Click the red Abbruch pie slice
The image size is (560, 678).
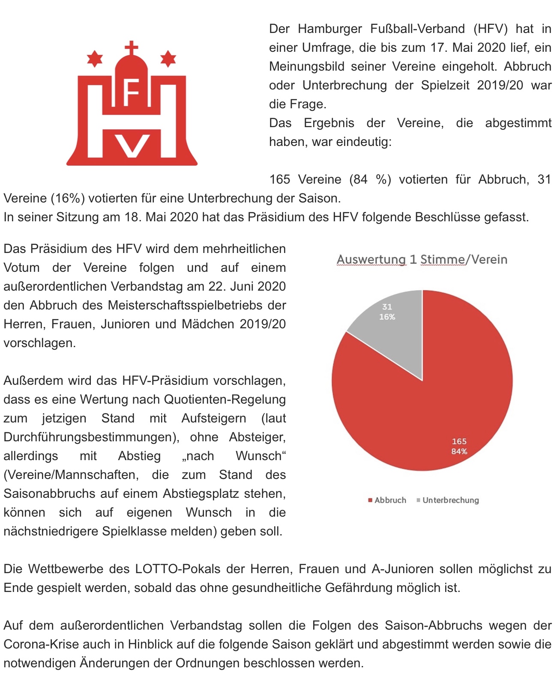tap(428, 411)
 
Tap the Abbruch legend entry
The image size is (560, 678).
tap(387, 500)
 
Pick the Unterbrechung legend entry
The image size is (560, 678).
tap(448, 500)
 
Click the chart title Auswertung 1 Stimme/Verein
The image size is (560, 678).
tap(422, 259)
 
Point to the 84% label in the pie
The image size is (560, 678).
tap(459, 452)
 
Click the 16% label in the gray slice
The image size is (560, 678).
tap(387, 317)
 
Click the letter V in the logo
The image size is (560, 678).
tap(132, 146)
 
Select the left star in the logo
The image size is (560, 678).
tap(95, 58)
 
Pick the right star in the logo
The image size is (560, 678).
tap(168, 58)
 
